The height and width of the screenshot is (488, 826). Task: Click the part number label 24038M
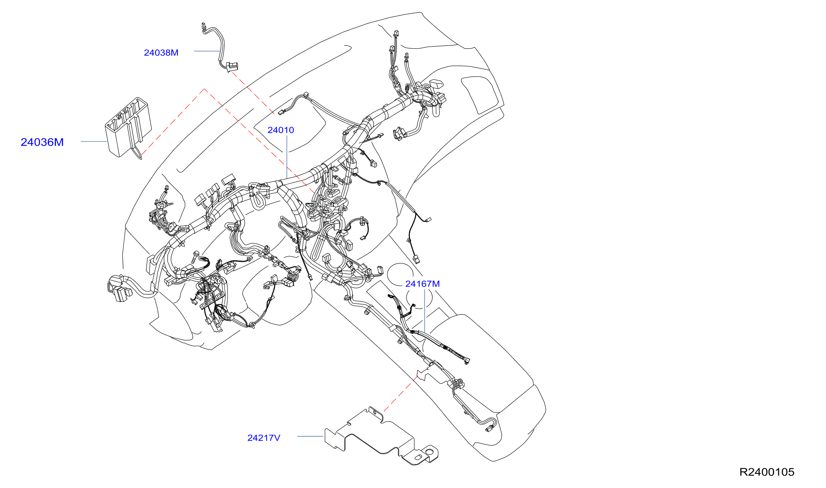coord(161,53)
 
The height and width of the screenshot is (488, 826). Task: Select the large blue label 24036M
coord(42,142)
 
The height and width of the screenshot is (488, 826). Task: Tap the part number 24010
coord(281,130)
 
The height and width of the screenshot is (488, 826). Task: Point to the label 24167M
coord(423,284)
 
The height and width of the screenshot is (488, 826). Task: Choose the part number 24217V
coord(264,438)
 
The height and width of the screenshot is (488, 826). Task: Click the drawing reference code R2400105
coord(767,472)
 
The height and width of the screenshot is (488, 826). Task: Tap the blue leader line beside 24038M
coord(207,51)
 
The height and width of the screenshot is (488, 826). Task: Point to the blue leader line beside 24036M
coord(94,141)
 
